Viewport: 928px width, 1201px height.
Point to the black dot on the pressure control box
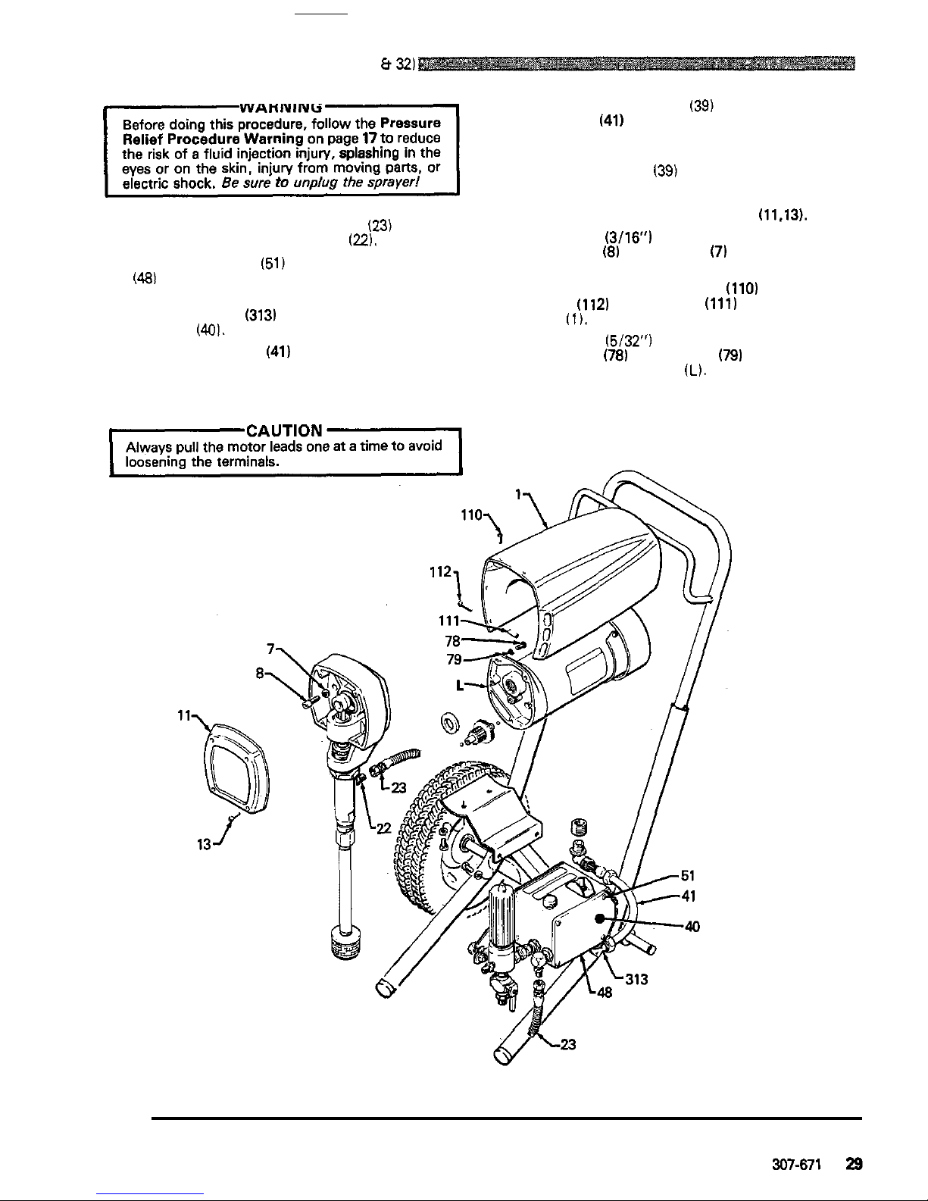pos(599,918)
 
